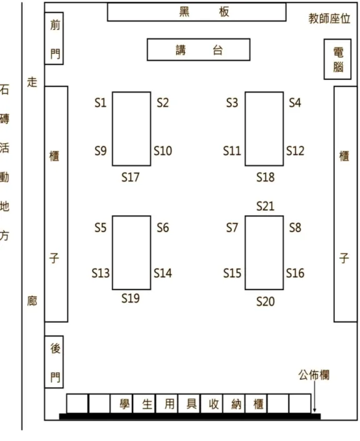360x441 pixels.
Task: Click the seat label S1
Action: pos(101,103)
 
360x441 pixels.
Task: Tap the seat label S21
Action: pos(265,206)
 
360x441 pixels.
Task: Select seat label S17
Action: pos(131,177)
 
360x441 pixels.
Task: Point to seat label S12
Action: pos(295,151)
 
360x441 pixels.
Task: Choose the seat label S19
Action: pos(131,298)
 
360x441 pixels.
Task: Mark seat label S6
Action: pos(163,228)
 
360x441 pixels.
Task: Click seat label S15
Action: pos(232,273)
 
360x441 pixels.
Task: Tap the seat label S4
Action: pos(295,103)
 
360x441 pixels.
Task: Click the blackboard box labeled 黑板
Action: pos(197,12)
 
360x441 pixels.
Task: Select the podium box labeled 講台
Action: pos(199,50)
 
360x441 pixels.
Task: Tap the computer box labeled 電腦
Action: pos(337,59)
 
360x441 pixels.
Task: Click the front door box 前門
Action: pos(54,38)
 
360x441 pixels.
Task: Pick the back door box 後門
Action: pos(54,362)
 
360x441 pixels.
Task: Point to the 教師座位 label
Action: pos(329,19)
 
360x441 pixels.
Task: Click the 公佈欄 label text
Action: pos(314,375)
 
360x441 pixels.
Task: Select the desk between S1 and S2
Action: pos(131,129)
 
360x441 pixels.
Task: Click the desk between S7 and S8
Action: pos(264,253)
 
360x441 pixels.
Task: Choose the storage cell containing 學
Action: pos(121,403)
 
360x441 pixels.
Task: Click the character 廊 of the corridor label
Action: pos(32,302)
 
